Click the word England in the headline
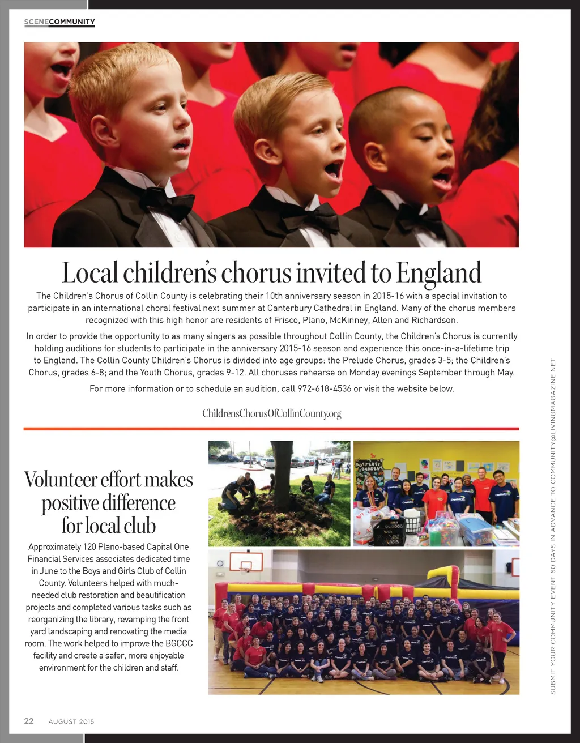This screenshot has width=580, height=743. tap(438, 273)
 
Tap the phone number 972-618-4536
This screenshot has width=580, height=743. tap(325, 388)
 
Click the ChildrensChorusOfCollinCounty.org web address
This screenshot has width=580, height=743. tap(272, 413)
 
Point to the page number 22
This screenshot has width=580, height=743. tap(29, 721)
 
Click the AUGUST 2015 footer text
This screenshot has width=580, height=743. tap(71, 721)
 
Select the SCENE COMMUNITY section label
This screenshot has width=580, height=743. tap(59, 22)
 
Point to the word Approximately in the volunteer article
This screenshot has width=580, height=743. tap(55, 547)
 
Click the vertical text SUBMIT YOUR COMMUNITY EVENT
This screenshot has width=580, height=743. tap(553, 623)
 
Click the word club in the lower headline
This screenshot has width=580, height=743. tap(140, 526)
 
